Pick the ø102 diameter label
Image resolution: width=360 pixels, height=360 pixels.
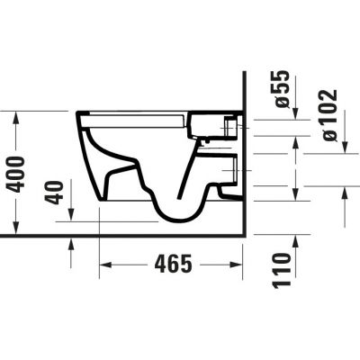(x=328, y=115)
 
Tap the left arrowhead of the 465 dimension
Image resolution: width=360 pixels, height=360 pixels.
(x=103, y=265)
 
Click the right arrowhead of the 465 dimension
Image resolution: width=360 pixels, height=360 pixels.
(x=239, y=265)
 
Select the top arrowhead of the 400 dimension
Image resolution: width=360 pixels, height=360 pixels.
(x=16, y=116)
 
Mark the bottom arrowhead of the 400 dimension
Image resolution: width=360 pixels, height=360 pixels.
(x=16, y=225)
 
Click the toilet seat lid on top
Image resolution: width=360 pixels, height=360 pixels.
(x=135, y=114)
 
